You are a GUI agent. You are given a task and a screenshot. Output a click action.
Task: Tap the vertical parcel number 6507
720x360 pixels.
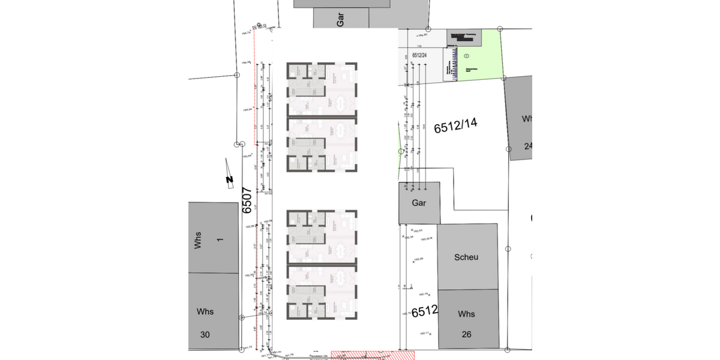(x=247, y=200)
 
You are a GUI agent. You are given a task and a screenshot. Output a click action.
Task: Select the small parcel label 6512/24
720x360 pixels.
(x=419, y=55)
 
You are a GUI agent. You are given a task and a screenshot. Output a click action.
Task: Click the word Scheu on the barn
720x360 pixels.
(x=466, y=257)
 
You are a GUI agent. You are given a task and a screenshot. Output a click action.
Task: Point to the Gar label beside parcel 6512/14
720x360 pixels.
(x=419, y=203)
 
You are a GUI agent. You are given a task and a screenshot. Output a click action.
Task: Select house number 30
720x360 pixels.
(x=205, y=335)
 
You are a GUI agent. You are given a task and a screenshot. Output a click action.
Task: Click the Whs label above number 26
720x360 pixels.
(x=466, y=314)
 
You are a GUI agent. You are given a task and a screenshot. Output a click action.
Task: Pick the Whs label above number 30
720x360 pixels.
(x=205, y=311)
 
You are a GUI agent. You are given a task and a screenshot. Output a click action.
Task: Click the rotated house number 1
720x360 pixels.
(x=220, y=239)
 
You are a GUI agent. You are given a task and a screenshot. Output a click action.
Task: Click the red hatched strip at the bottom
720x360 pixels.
(x=372, y=355)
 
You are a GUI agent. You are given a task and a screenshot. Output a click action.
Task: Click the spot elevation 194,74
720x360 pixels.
(x=244, y=34)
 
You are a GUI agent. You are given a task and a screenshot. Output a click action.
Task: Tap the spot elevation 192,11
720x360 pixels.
(x=424, y=333)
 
